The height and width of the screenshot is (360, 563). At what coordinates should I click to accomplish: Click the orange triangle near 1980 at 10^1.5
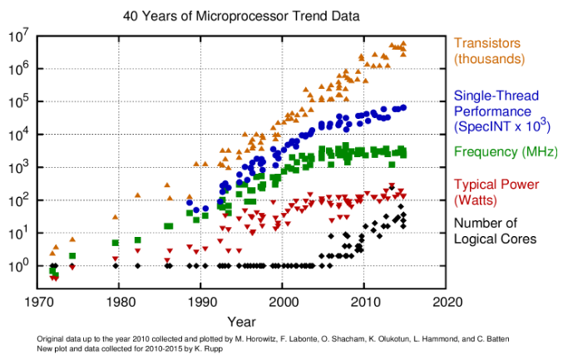[116, 217]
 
